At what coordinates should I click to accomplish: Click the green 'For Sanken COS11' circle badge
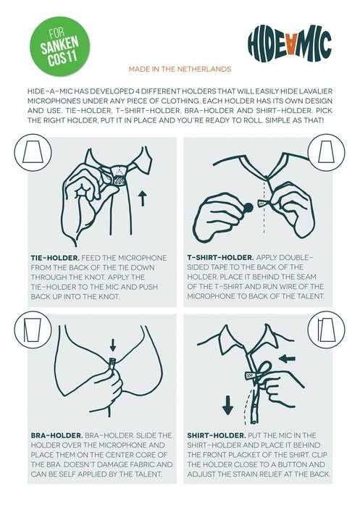(60, 46)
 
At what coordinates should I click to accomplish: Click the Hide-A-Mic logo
(290, 43)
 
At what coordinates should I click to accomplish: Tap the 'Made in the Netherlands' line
(180, 69)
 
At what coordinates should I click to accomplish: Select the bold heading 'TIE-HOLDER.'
(55, 258)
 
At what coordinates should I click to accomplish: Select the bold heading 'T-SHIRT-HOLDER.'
(220, 258)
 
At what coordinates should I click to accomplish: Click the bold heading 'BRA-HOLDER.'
(56, 435)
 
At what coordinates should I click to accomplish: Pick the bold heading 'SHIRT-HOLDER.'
(217, 435)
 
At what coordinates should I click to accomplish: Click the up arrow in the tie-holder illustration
(142, 198)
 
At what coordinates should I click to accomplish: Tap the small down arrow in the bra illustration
(113, 345)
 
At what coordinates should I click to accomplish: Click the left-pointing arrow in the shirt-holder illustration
(287, 359)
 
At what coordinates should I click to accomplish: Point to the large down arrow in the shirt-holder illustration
(227, 406)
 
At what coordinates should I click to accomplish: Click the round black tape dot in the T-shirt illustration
(248, 208)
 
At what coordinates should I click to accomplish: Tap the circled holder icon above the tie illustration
(33, 152)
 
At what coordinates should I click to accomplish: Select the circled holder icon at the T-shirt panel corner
(326, 152)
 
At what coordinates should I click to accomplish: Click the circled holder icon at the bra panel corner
(33, 330)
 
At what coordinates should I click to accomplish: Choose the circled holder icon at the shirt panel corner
(326, 330)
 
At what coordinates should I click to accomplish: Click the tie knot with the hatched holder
(119, 176)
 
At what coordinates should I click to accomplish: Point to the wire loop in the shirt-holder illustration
(264, 367)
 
